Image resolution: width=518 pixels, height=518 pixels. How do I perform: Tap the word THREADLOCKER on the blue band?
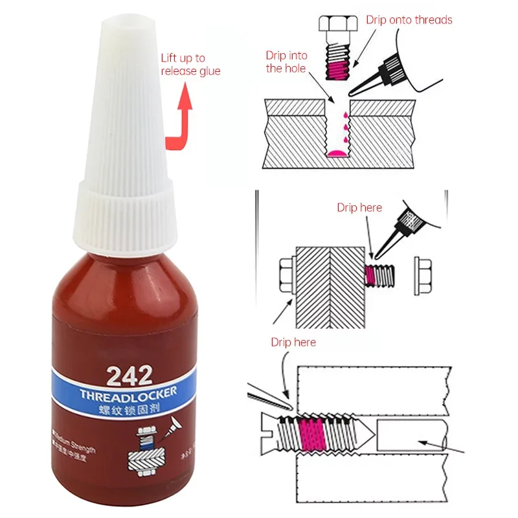(128, 394)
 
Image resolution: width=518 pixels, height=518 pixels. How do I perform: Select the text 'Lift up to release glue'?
(190, 65)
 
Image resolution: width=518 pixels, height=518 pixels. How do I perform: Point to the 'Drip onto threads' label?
(409, 19)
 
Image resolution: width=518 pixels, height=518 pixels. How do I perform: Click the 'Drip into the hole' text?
(286, 62)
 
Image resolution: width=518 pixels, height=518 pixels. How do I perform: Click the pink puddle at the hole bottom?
(336, 153)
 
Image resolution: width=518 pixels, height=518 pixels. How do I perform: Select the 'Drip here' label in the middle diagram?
(359, 208)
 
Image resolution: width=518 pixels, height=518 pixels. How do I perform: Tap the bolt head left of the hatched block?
(286, 275)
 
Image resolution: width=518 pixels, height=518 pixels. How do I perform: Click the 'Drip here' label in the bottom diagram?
(293, 341)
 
